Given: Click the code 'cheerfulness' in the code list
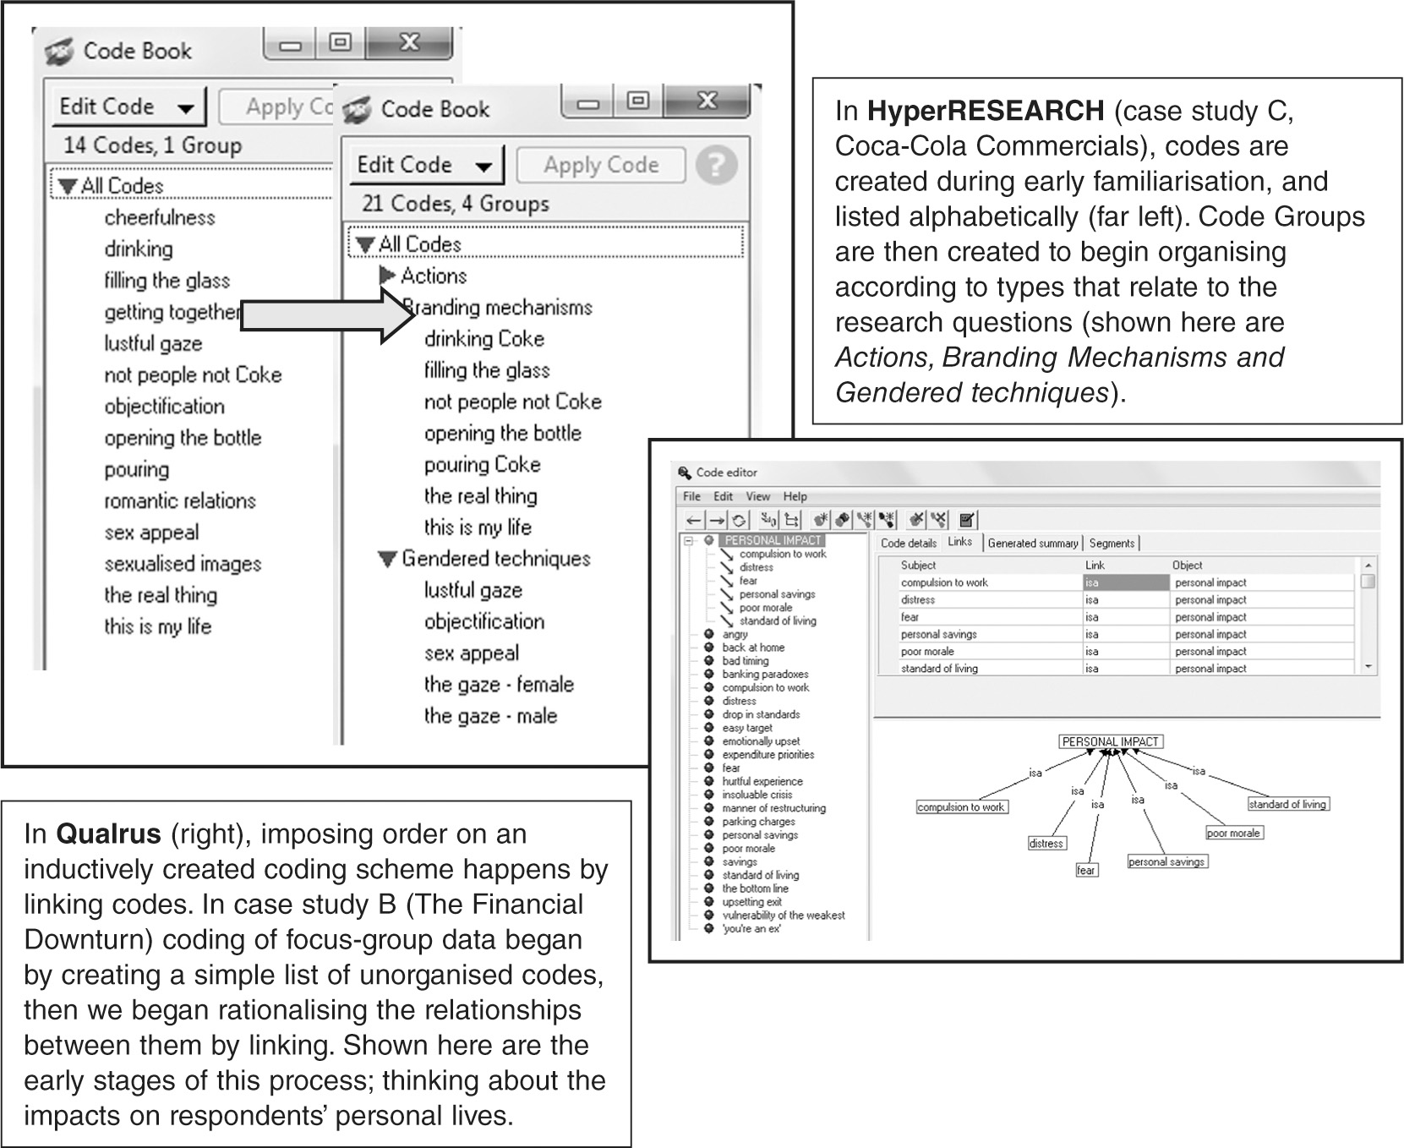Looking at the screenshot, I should click(x=160, y=218).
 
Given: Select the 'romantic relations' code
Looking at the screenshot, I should click(x=180, y=501).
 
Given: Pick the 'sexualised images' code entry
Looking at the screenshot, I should click(x=183, y=564).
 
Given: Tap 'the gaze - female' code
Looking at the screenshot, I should click(x=499, y=685).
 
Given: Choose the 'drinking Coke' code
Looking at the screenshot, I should click(x=483, y=339).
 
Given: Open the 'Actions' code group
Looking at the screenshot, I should click(x=433, y=276).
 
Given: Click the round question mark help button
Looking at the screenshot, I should click(x=715, y=165).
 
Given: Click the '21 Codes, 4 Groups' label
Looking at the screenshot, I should click(x=455, y=204).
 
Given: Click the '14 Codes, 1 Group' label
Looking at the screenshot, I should click(x=152, y=145).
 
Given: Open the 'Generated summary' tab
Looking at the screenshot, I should click(x=1033, y=544).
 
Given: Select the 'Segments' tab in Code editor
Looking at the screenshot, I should click(x=1112, y=544).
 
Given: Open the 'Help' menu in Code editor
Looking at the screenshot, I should click(x=795, y=496).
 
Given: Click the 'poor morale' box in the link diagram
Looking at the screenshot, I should click(x=1233, y=833).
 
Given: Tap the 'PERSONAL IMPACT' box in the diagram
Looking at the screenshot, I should click(x=1110, y=741).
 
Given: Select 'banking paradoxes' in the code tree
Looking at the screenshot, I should click(x=765, y=674).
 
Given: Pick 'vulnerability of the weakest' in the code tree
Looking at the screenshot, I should click(x=783, y=915).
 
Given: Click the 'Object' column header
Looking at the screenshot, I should click(x=1187, y=565).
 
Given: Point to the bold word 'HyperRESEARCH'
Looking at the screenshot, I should click(x=986, y=111).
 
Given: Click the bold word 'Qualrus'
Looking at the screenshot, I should click(x=108, y=834).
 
